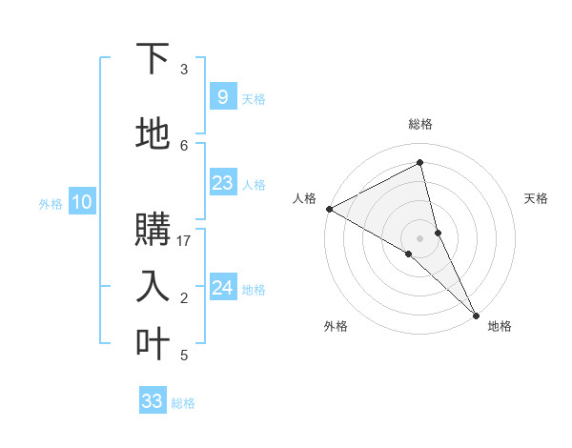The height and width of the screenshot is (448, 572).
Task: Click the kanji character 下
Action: pos(153,59)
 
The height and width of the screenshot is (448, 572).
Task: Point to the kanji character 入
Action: pos(153,285)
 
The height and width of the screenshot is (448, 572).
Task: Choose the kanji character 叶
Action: pos(153,342)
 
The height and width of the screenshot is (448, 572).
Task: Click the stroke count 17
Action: pos(184,241)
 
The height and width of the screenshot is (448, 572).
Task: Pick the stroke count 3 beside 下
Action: pos(184,70)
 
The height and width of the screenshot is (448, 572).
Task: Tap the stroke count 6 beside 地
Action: pos(184,145)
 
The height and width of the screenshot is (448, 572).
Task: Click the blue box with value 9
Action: pos(222,97)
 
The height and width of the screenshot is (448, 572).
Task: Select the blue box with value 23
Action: pos(222,183)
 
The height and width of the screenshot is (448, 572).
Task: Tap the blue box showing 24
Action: pos(222,288)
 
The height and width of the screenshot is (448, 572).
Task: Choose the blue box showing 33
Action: pos(153,401)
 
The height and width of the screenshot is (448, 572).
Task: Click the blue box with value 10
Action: pos(81,202)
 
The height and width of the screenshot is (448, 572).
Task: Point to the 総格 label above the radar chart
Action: pos(420,124)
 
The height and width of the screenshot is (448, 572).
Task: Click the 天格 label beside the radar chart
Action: pos(537,198)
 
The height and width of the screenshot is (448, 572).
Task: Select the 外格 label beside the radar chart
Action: pos(336,326)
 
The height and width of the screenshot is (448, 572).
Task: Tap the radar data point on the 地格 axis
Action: pos(476,314)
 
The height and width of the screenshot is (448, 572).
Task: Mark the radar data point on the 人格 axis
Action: pos(329,209)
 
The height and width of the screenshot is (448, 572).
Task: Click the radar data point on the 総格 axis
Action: pos(420,163)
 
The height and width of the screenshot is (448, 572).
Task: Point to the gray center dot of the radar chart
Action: pos(420,237)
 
